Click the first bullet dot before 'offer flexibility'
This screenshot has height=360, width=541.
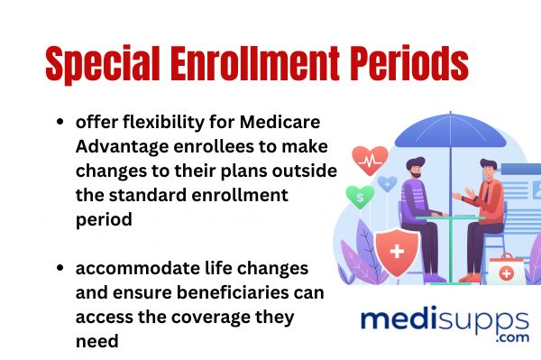point(60,123)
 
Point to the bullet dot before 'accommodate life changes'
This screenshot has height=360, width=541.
point(60,269)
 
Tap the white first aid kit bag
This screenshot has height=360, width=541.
point(507,267)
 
